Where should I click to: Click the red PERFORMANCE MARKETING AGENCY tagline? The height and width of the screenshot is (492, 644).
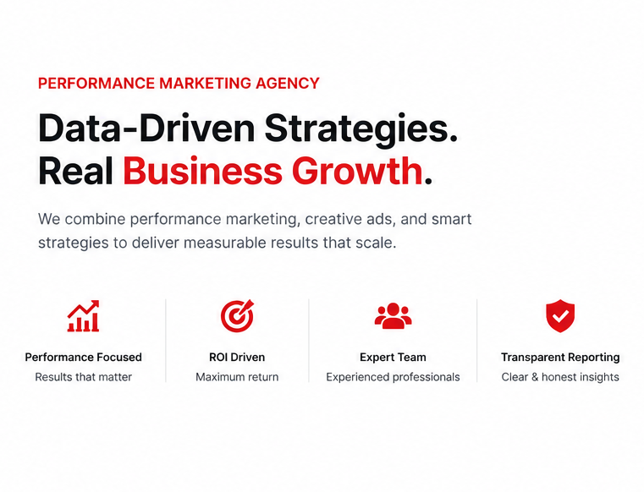tap(179, 84)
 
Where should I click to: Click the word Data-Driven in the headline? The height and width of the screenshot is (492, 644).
tap(146, 128)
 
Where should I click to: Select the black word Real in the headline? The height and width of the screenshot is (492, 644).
tap(75, 171)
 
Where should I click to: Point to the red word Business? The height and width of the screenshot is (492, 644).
tap(202, 171)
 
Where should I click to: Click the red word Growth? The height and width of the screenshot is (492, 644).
tap(357, 171)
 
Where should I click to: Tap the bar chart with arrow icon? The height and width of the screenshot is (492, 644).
tap(84, 315)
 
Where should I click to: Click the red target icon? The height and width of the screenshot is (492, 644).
tap(237, 315)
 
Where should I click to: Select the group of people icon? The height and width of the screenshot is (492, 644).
tap(393, 315)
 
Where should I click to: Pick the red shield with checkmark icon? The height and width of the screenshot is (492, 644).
tap(560, 315)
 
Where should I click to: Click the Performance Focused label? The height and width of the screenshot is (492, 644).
tap(84, 357)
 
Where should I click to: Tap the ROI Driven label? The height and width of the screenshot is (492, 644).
tap(237, 357)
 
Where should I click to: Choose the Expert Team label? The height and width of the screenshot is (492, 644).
tap(393, 358)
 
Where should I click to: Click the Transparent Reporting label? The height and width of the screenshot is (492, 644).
tap(560, 358)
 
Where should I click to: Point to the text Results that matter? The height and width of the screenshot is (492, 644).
tap(84, 377)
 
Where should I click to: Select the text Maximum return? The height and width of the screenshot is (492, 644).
tap(237, 377)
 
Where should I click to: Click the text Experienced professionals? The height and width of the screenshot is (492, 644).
tap(393, 377)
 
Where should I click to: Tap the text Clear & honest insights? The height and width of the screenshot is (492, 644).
tap(560, 377)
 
